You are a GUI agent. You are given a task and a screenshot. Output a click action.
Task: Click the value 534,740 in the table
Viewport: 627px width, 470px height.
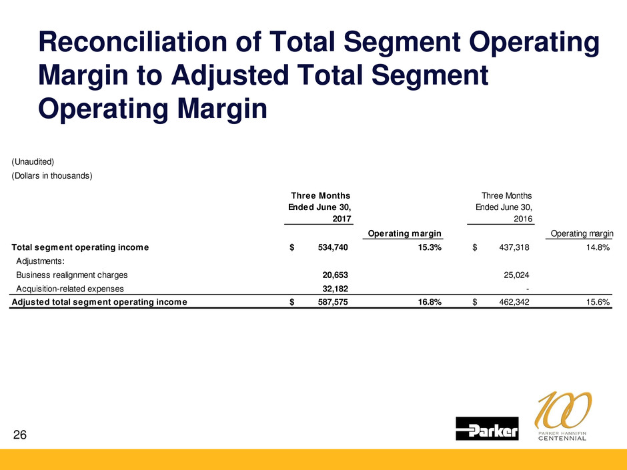tap(329, 247)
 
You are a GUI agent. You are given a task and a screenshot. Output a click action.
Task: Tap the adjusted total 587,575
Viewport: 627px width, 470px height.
tap(329, 301)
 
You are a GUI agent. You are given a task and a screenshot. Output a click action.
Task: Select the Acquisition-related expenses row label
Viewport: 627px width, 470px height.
tap(70, 289)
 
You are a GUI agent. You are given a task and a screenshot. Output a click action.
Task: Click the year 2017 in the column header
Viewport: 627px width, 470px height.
tap(341, 217)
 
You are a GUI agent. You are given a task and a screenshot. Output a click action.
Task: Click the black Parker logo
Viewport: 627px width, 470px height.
tap(487, 429)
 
